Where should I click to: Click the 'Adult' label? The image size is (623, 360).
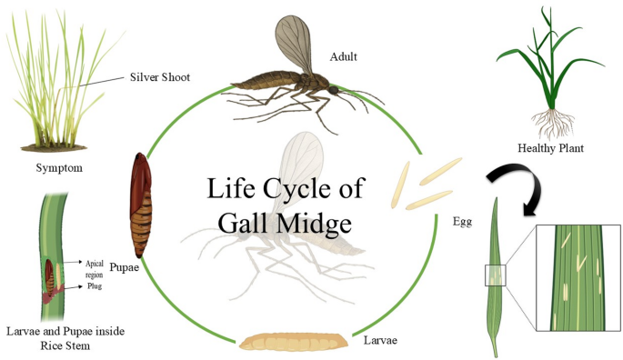[345, 57]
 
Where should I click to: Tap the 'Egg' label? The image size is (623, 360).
[463, 221]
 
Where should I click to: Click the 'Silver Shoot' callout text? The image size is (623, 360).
[162, 77]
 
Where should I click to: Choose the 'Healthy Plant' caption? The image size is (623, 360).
[549, 148]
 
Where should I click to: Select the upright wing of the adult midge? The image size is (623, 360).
[294, 45]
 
